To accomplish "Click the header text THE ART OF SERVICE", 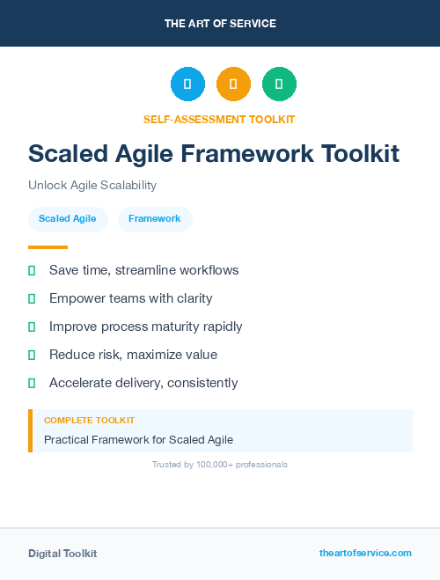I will click(x=220, y=24).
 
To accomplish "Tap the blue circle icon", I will click(x=187, y=84).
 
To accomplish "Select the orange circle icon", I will click(x=233, y=84).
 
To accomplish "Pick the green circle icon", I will click(x=279, y=84).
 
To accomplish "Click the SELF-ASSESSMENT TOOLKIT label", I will click(x=219, y=119).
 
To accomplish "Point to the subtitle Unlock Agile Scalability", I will click(x=92, y=186).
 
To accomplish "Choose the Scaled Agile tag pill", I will click(x=68, y=219).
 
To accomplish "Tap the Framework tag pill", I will click(x=155, y=219).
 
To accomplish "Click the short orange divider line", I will click(x=48, y=247).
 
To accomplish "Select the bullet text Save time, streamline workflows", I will click(x=143, y=270).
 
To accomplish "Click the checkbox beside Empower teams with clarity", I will click(x=32, y=298).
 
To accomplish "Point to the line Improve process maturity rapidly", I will click(x=145, y=327).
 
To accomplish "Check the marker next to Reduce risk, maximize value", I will click(x=32, y=355).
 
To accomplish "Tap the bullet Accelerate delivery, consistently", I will click(x=143, y=383).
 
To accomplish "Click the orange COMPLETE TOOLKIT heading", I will click(x=89, y=421).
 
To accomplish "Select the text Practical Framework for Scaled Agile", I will click(x=138, y=439).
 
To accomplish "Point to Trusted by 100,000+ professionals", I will click(x=220, y=464).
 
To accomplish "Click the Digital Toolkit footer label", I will click(x=62, y=554).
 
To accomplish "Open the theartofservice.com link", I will click(x=365, y=553).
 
